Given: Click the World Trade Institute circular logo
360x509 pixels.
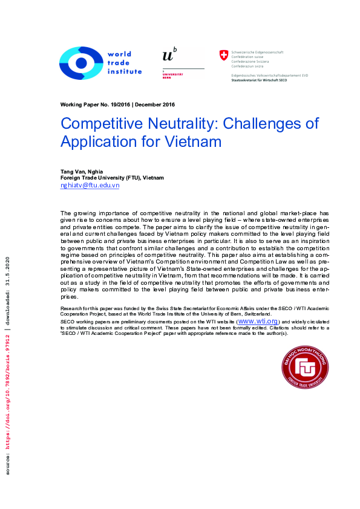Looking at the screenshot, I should [x=81, y=62].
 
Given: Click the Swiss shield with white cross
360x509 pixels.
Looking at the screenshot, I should [x=224, y=55].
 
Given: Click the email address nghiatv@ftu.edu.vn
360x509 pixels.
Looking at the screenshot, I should [x=90, y=186].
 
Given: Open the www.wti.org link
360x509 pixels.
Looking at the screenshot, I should [x=258, y=321].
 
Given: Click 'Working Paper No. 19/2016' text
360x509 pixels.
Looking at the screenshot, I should [x=95, y=105].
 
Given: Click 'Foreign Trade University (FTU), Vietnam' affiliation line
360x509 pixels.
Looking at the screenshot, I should [x=112, y=178].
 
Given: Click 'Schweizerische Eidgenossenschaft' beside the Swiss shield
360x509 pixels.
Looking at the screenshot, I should [x=258, y=52].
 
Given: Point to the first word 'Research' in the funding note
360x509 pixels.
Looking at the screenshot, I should [x=71, y=308].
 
